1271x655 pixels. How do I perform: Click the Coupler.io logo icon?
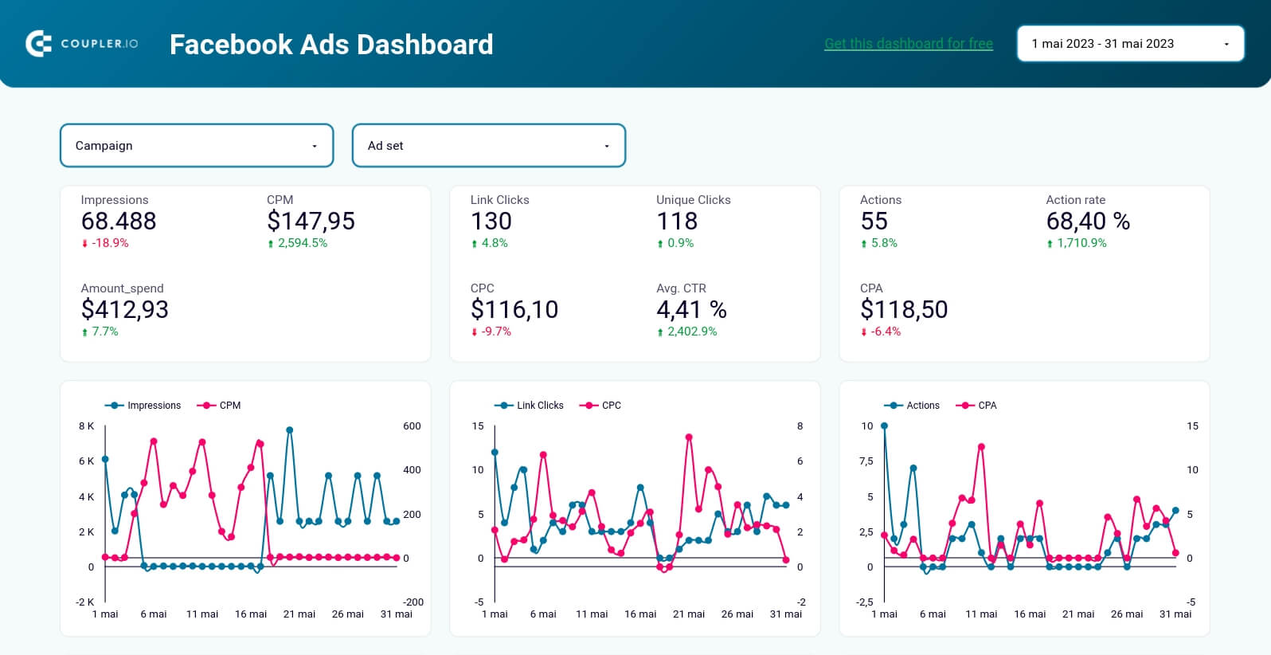pos(38,44)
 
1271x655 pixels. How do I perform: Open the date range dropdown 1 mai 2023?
pos(1130,44)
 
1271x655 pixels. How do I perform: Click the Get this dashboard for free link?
pos(908,44)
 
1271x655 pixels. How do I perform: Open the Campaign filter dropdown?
pos(197,146)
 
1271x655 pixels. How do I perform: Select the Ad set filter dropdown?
pos(488,146)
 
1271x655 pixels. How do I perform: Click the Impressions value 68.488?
pos(119,222)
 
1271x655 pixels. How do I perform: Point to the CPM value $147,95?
pos(311,222)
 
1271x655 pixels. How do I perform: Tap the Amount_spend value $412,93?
pos(125,310)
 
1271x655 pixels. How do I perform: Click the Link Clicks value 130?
pos(491,222)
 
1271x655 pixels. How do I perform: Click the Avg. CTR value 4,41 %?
pos(691,310)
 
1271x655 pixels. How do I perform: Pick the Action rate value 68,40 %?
pos(1088,222)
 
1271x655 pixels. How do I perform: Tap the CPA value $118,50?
pos(904,310)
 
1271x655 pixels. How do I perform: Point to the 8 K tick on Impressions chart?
pos(86,426)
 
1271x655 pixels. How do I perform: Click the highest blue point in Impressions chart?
pos(290,430)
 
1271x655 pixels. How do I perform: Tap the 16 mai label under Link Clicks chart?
pos(640,614)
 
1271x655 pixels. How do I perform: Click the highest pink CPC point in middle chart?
pos(689,437)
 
